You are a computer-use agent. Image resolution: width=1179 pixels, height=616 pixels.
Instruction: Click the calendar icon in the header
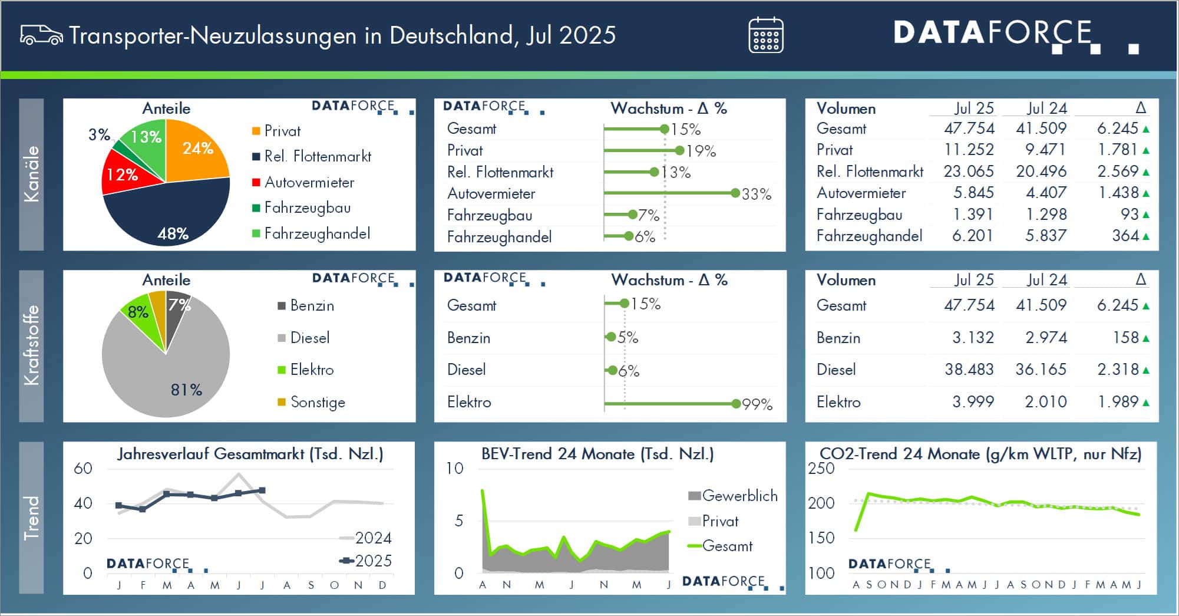coord(765,35)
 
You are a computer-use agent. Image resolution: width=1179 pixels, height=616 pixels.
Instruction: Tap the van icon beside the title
coord(41,35)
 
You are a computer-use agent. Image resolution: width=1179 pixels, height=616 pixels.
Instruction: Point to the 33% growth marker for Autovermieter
coord(735,193)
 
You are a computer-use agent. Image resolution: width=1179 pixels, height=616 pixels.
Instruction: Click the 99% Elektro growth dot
coord(735,404)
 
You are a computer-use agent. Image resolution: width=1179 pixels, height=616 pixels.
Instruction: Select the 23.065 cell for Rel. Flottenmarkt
coord(968,172)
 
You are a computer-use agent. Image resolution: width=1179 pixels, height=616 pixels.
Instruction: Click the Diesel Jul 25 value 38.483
coord(969,370)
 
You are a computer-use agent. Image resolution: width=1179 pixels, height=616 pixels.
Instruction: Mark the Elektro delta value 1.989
coord(1118,402)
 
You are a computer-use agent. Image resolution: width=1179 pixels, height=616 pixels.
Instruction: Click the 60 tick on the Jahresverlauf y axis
coord(83,469)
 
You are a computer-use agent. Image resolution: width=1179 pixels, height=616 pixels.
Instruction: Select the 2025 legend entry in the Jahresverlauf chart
coord(366,561)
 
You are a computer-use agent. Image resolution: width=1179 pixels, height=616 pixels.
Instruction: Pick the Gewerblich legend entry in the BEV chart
coord(733,496)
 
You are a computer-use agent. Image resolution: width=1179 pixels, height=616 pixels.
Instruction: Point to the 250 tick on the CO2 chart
coord(821,469)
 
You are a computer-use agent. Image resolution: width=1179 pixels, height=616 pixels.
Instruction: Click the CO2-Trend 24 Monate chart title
coord(980,454)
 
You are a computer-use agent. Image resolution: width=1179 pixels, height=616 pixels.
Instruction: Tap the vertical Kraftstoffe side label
coord(31,345)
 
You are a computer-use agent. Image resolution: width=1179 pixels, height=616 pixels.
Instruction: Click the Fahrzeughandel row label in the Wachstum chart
coord(499,237)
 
